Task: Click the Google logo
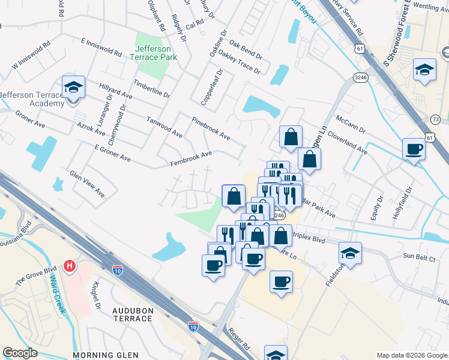[20, 353]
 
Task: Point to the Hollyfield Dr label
[402, 203]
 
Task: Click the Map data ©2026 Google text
[412, 355]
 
